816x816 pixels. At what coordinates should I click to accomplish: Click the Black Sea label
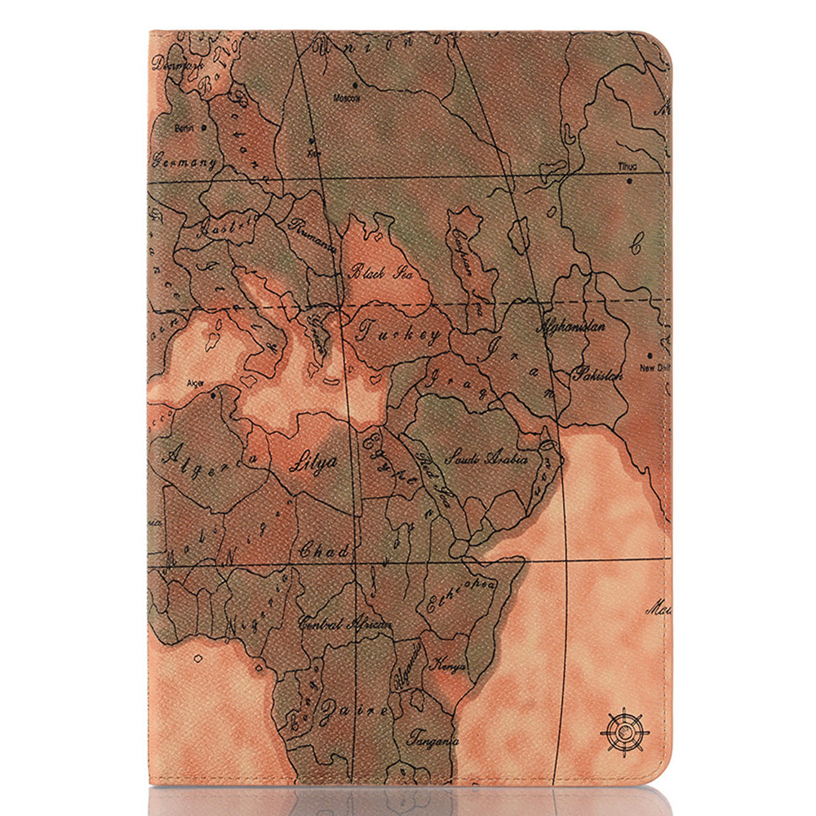[380, 272]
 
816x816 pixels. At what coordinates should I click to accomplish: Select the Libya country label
[313, 461]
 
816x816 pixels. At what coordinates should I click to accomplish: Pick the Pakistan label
[596, 375]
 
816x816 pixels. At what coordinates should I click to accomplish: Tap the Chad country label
[325, 550]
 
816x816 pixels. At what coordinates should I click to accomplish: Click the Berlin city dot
[204, 127]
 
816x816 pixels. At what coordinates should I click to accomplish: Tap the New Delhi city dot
[648, 355]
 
